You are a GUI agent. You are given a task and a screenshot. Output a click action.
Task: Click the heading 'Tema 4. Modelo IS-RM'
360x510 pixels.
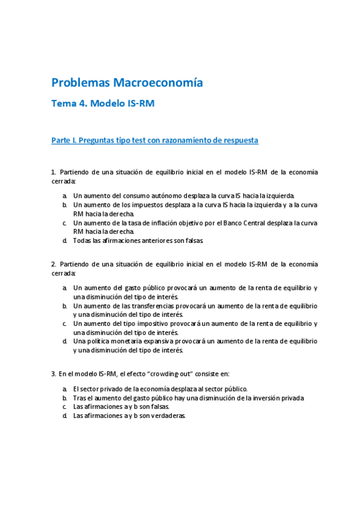tap(103, 103)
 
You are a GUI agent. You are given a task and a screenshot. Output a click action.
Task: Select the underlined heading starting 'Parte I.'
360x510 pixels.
tap(155, 140)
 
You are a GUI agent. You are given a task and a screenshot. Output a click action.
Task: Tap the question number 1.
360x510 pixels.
tap(53, 172)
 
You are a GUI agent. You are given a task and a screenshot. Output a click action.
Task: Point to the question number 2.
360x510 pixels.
tap(53, 264)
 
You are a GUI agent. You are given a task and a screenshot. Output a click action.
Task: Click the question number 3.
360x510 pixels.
tap(53, 373)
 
